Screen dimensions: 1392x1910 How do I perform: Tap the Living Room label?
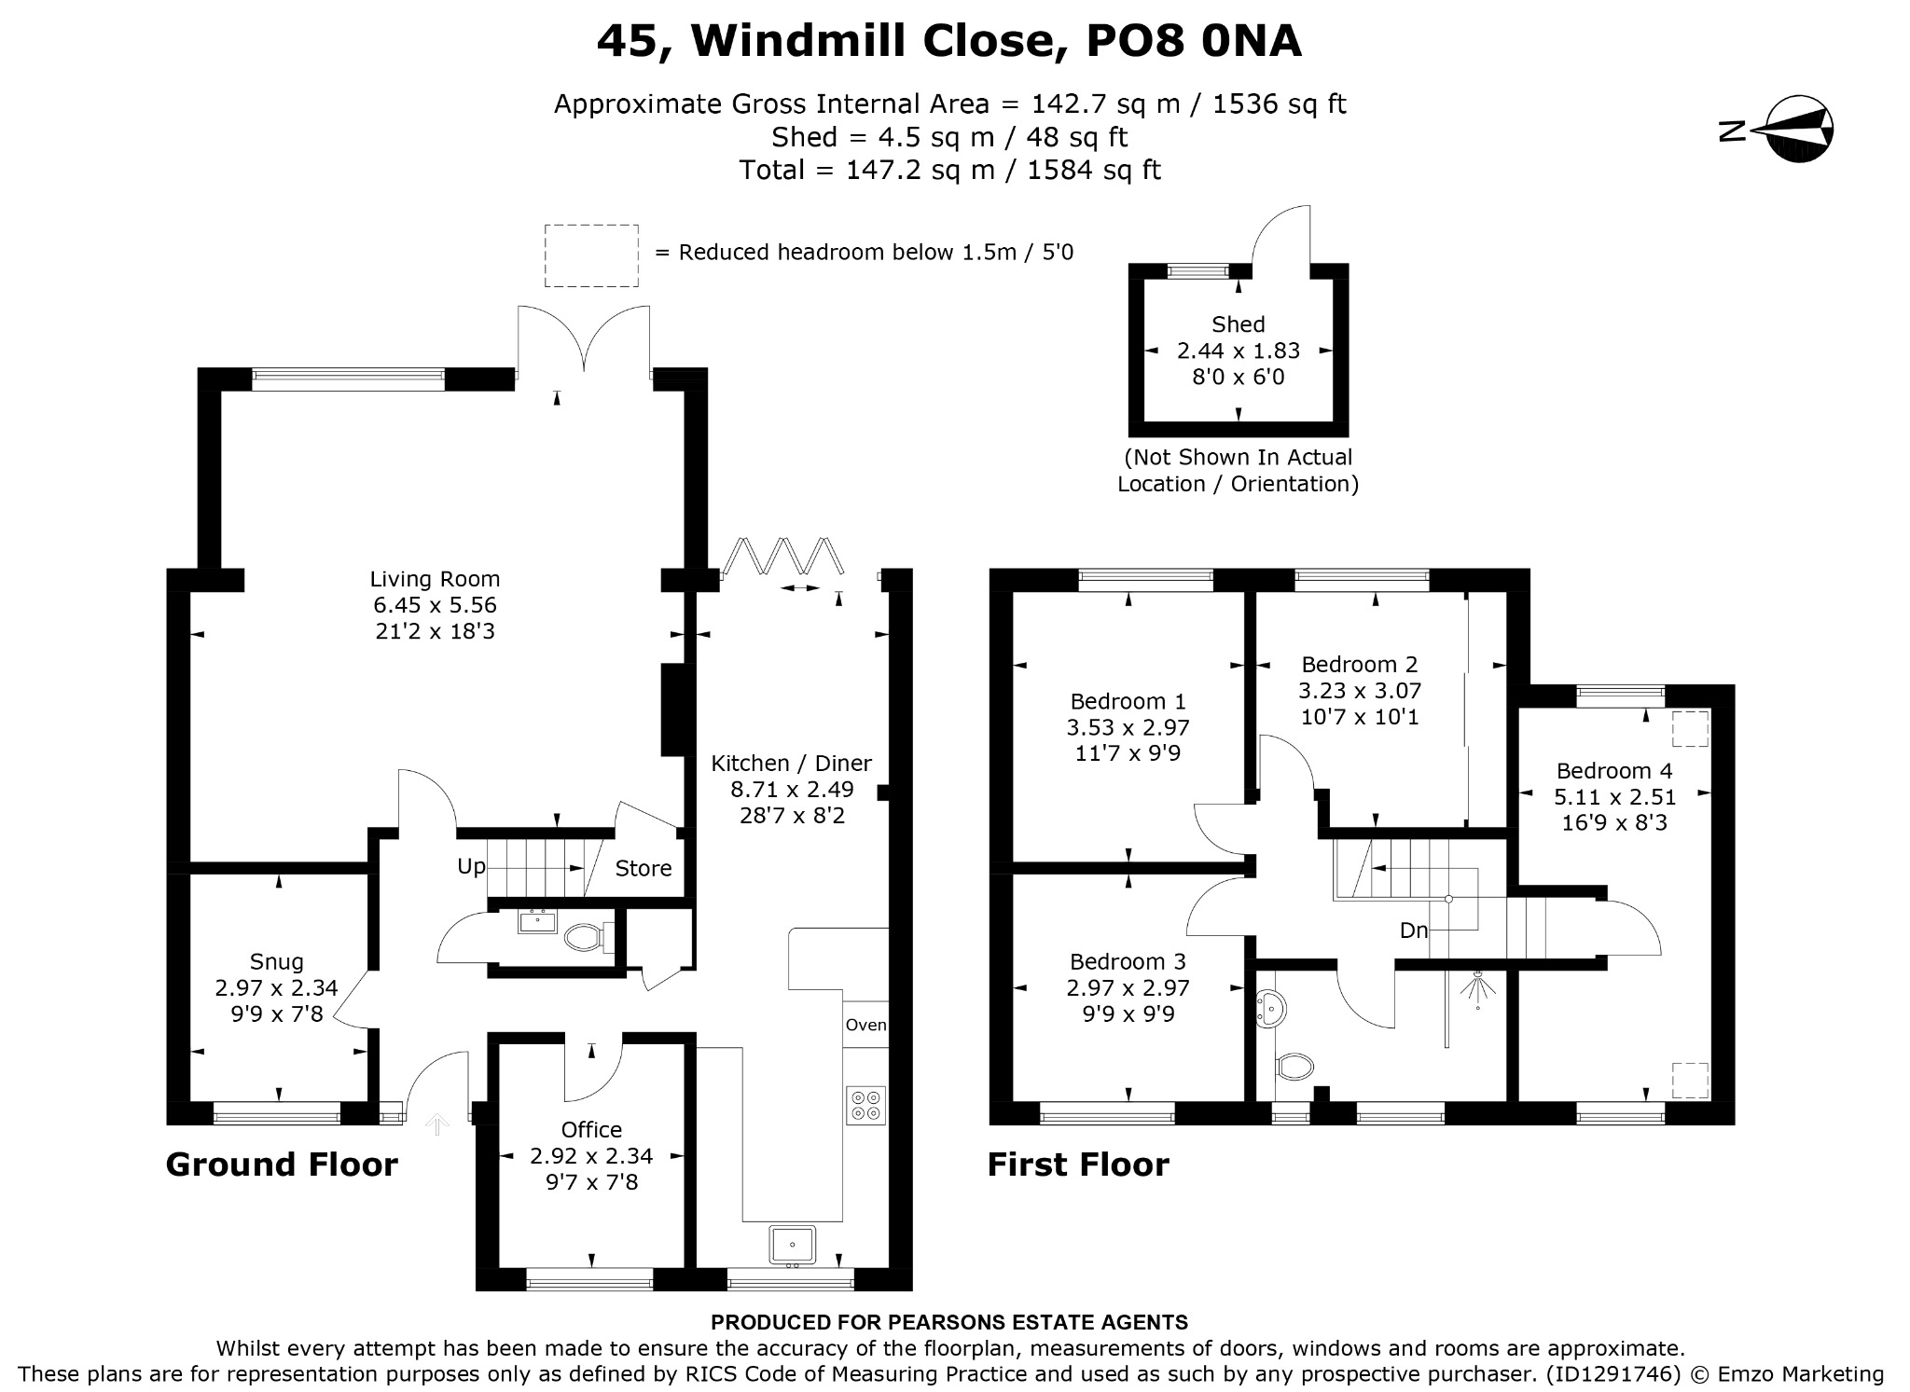435,579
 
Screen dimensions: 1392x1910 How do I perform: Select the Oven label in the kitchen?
865,1025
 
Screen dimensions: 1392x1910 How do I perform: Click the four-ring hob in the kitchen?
865,1106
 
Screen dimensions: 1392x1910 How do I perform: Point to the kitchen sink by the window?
793,1246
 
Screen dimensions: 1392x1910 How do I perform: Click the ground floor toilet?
585,937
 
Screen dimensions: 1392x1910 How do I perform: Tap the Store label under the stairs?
643,869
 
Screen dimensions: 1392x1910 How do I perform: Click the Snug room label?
276,961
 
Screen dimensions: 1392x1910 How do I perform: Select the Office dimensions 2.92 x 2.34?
591,1156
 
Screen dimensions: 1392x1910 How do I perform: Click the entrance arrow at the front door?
436,1124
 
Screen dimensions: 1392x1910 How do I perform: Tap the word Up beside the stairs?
471,866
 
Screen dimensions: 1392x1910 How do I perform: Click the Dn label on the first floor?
1414,930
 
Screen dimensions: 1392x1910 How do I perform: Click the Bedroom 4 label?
1613,771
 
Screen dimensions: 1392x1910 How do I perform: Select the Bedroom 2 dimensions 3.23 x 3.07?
1360,691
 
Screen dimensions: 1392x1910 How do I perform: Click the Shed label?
1238,324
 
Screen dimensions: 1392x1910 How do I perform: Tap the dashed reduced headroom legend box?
591,255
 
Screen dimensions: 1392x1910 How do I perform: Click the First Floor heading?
1077,1165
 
